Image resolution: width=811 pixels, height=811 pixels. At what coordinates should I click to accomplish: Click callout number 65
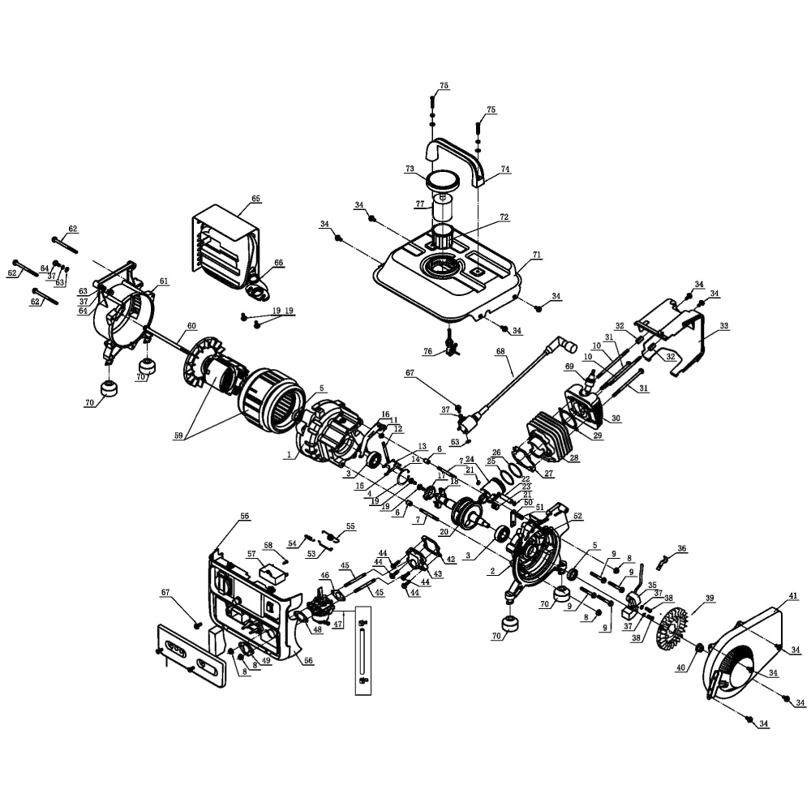[256, 199]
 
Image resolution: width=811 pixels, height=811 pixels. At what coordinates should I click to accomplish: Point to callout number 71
[536, 255]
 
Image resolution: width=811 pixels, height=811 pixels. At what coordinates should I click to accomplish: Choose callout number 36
[682, 548]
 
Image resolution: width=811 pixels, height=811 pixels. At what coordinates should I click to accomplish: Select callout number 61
[164, 281]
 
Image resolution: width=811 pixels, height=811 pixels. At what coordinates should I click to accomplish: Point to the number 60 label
[191, 326]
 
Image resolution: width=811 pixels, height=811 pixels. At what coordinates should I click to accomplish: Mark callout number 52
[577, 516]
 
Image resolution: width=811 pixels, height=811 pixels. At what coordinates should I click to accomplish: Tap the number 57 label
[251, 554]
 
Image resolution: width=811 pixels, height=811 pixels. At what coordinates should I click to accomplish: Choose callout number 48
[316, 629]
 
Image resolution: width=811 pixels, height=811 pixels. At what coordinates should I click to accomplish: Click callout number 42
[451, 560]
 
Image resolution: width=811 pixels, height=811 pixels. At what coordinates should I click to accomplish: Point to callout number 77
[419, 205]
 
